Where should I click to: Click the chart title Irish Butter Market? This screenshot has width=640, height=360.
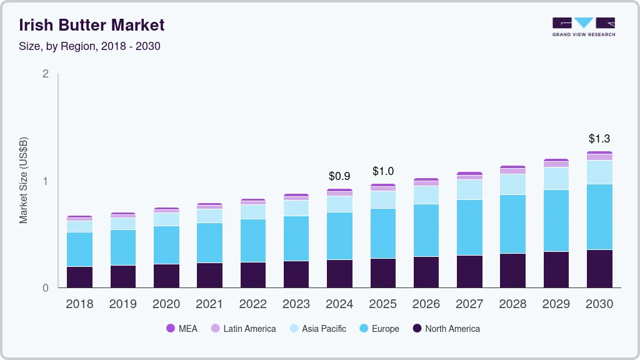(92, 25)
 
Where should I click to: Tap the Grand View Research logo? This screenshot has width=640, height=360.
(583, 26)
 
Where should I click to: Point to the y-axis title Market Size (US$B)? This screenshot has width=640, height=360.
(24, 180)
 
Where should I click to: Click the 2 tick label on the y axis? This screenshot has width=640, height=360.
(45, 74)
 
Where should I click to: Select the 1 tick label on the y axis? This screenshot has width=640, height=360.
(45, 181)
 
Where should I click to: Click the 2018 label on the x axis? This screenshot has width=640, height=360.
(79, 304)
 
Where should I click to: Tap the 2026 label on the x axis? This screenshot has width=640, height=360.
(426, 304)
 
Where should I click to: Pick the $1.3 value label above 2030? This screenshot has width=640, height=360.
(600, 138)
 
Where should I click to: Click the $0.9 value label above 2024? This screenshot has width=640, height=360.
(339, 176)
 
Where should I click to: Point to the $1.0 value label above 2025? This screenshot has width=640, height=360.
(382, 171)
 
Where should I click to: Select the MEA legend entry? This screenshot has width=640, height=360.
(181, 328)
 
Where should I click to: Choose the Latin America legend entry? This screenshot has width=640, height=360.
(243, 328)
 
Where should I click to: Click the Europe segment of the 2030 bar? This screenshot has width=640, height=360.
(600, 217)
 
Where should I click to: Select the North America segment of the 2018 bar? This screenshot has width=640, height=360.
(79, 277)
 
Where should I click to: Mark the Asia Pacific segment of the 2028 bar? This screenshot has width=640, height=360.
(513, 184)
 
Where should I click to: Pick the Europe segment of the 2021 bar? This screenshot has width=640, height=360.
(209, 242)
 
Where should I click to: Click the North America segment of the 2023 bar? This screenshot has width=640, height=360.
(296, 274)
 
